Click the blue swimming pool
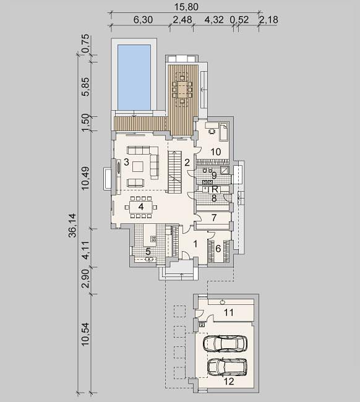pos(134,77)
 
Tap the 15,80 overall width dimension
pos(186,7)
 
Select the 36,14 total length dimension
pos(73,225)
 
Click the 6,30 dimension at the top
pos(144,20)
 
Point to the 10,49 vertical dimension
pos(85,178)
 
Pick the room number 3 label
pos(126,162)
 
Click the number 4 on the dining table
pos(141,207)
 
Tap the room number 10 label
pos(216,152)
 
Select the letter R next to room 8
pos(215,190)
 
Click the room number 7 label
pos(214,218)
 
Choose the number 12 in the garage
pos(229,382)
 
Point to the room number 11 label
pos(228,312)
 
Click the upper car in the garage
pos(225,343)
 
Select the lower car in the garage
pos(227,367)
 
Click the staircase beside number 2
pos(174,172)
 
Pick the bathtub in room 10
pos(224,132)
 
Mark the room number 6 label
pos(218,249)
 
